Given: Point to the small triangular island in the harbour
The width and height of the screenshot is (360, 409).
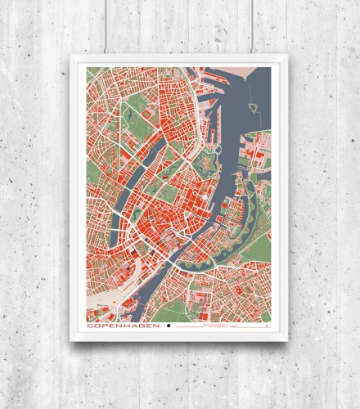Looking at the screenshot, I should pyautogui.click(x=254, y=106).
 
